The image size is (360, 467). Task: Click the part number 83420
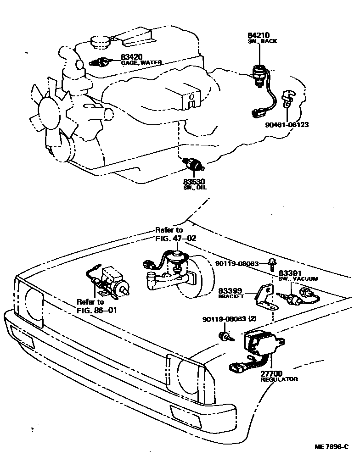coord(131,57)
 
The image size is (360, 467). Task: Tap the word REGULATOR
coord(279,379)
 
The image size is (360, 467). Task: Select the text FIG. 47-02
coord(176,239)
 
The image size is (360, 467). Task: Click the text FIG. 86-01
coord(97,310)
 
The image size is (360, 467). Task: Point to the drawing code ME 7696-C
coord(332,447)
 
